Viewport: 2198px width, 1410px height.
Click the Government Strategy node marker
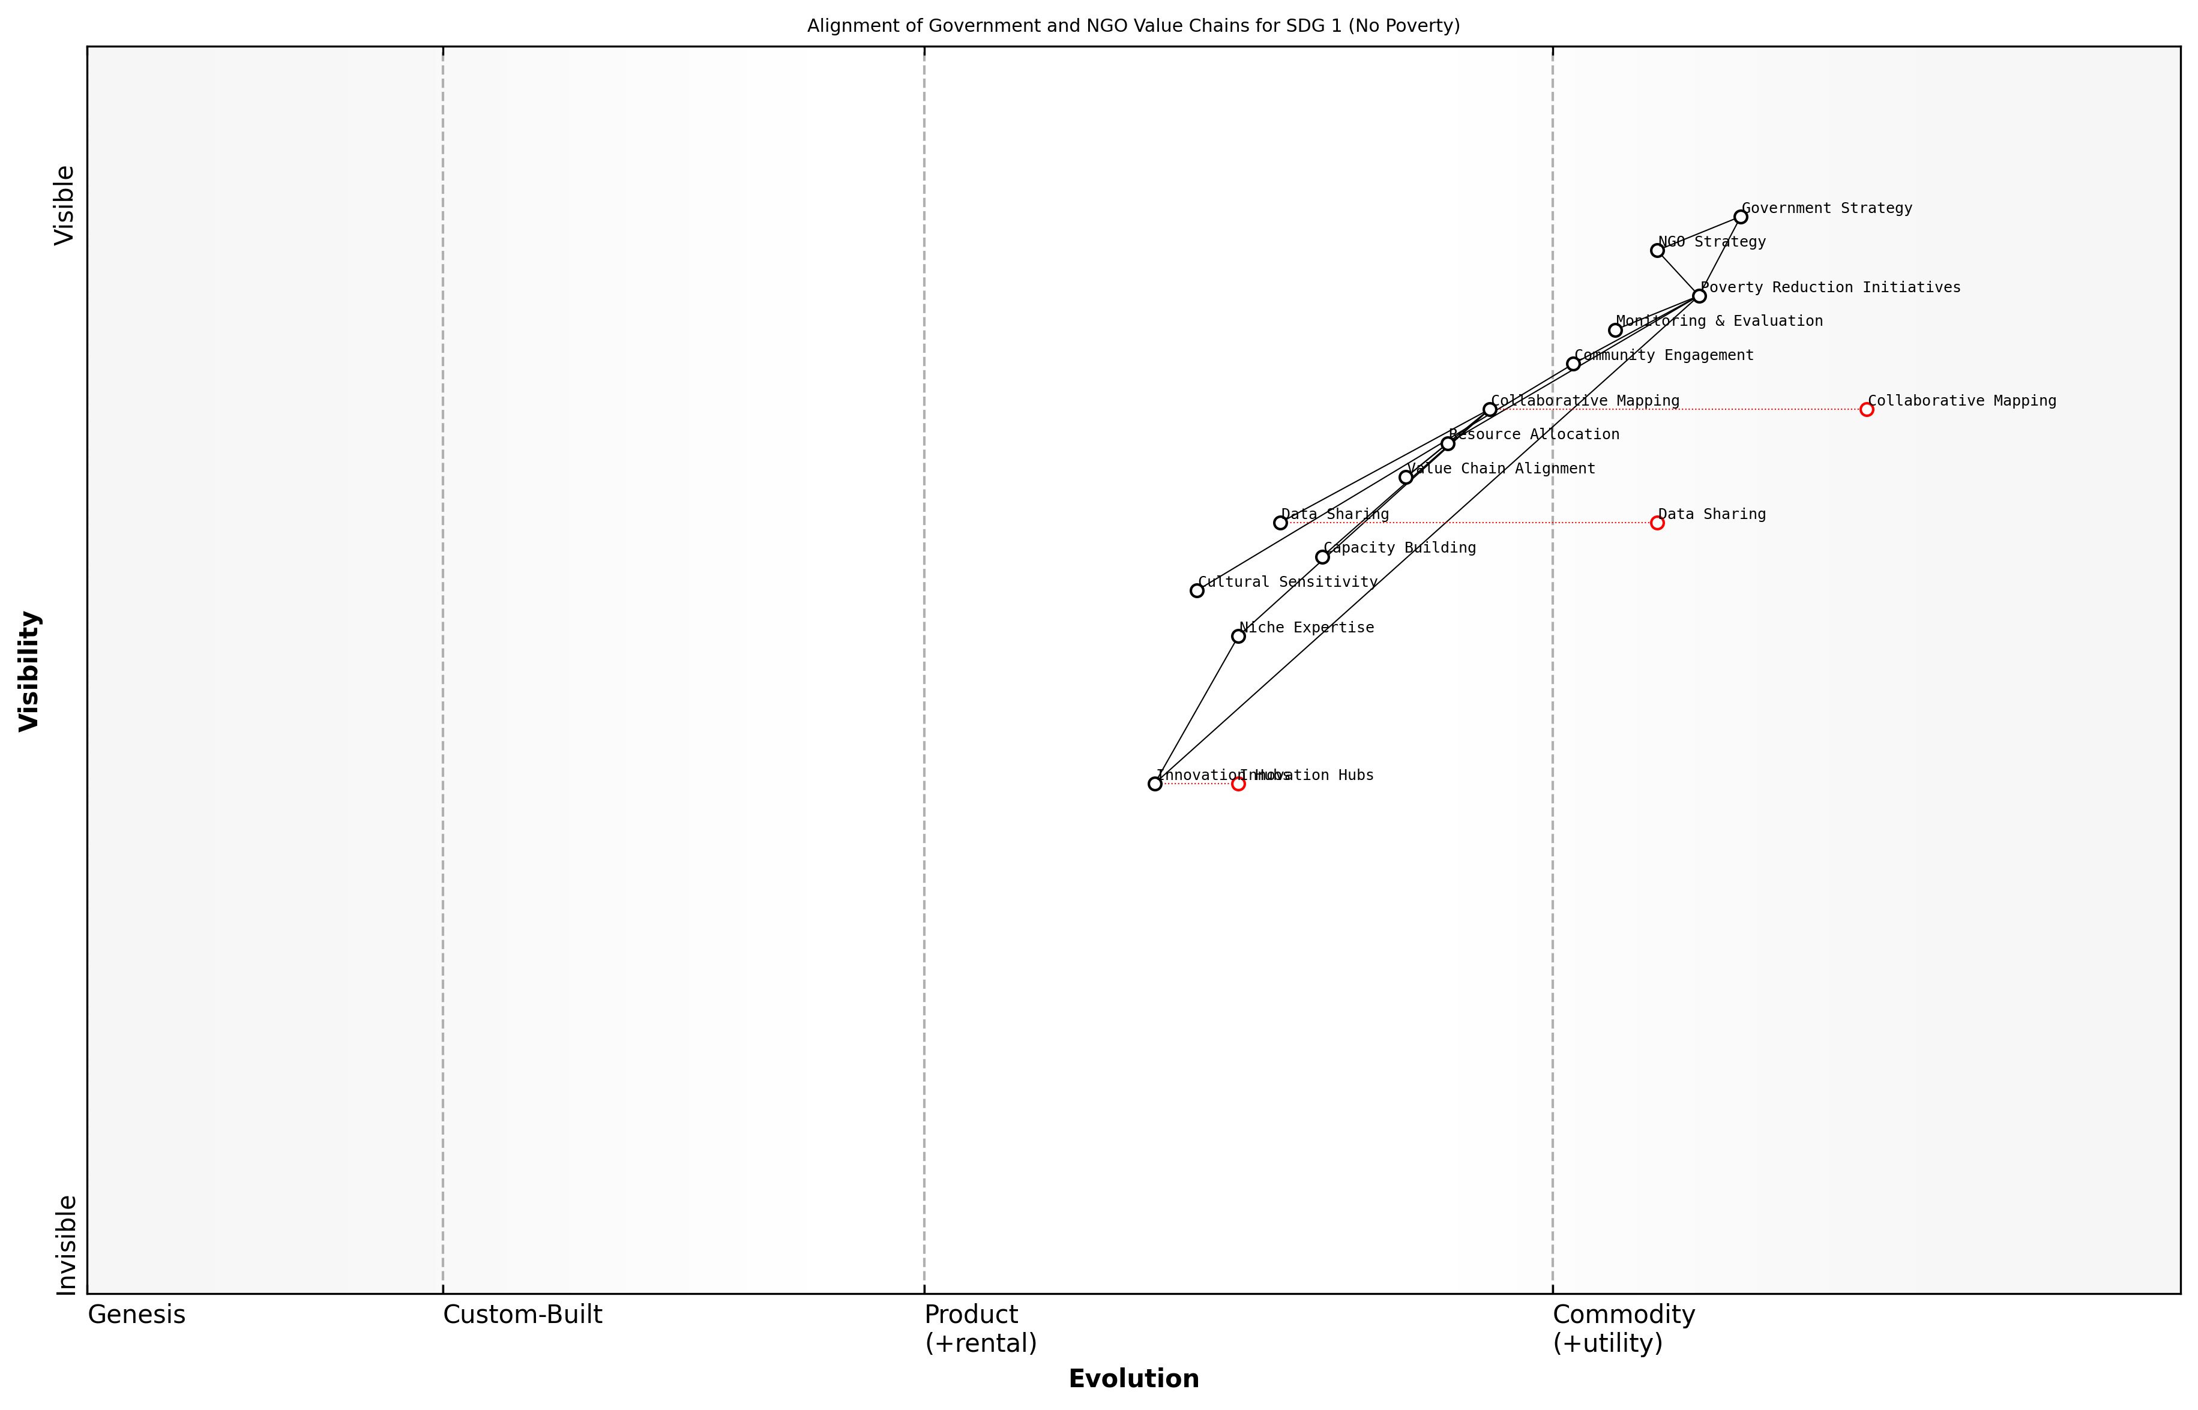[x=1740, y=217]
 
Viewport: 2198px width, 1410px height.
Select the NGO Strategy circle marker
[x=1657, y=250]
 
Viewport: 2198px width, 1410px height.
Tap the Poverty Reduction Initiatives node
[x=1699, y=296]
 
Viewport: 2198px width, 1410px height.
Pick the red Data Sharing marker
[x=1657, y=523]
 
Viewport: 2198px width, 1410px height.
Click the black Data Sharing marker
[x=1280, y=523]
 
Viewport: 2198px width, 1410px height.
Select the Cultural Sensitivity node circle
[x=1197, y=590]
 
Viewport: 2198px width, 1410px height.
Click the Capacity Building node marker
[x=1322, y=557]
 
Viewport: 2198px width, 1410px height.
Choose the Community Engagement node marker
[x=1573, y=364]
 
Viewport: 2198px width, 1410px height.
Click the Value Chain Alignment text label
[x=1501, y=469]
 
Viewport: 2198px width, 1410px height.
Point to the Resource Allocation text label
[x=1534, y=435]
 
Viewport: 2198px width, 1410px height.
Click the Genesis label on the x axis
[x=136, y=1315]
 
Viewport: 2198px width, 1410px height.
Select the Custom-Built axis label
[x=522, y=1315]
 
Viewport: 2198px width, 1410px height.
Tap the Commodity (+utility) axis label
[x=1623, y=1328]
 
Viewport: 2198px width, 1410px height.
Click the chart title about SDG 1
[x=1133, y=26]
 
